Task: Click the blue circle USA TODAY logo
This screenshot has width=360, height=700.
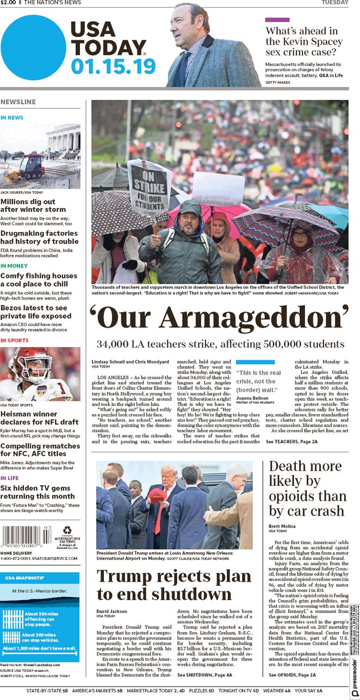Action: coord(33,48)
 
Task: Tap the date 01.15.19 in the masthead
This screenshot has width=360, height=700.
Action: coord(113,67)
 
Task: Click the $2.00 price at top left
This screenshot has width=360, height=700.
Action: coord(8,3)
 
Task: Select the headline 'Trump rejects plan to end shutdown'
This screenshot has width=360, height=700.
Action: coord(174,584)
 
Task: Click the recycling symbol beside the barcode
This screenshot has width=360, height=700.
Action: coord(67,530)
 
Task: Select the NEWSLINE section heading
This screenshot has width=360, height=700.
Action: coord(18,102)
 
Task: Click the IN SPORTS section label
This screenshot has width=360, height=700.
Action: coord(15,341)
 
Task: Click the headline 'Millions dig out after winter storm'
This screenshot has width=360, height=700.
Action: coord(33,205)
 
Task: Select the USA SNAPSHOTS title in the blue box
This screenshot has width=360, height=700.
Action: coord(25,578)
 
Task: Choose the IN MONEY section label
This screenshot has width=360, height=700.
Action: coord(14,266)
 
